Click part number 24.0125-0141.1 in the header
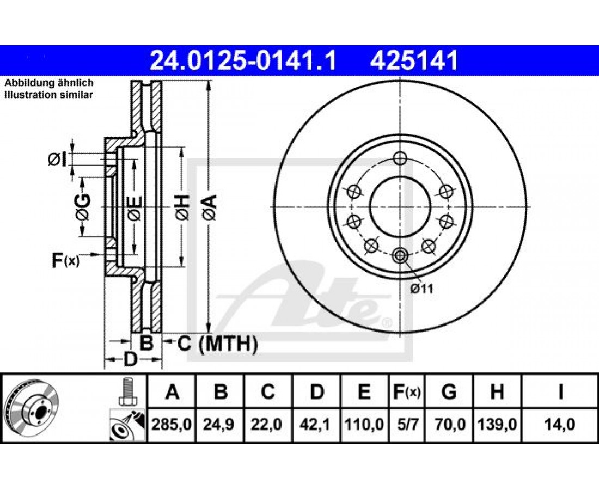pyautogui.click(x=243, y=61)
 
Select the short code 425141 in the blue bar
pyautogui.click(x=414, y=61)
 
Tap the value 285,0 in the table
pyautogui.click(x=172, y=424)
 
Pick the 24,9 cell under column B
pyautogui.click(x=219, y=424)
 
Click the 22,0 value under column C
pyautogui.click(x=267, y=424)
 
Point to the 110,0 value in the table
pyautogui.click(x=364, y=424)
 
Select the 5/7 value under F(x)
pyautogui.click(x=407, y=424)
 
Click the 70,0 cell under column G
pyautogui.click(x=449, y=424)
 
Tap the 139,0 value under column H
pyautogui.click(x=497, y=424)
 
